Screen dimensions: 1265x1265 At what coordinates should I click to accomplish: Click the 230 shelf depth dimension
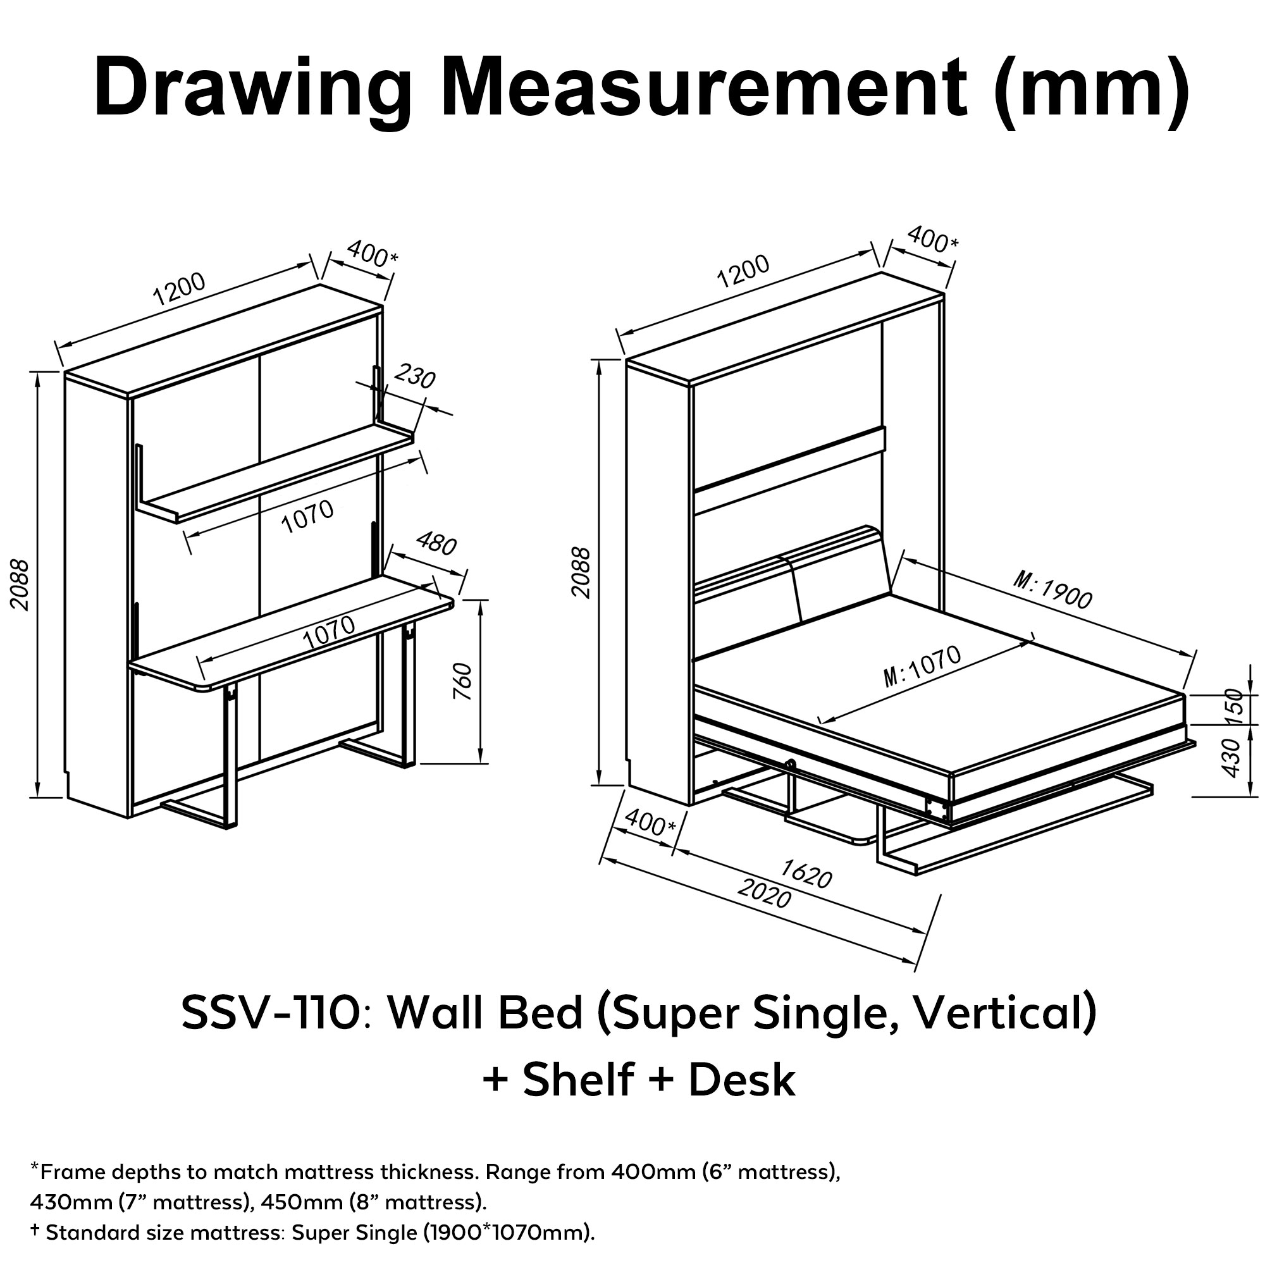coord(415,378)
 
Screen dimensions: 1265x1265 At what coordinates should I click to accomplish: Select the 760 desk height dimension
coord(463,682)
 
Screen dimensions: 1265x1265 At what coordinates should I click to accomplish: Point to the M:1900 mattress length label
coord(1052,589)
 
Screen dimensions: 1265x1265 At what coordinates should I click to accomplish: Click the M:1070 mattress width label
coord(923,667)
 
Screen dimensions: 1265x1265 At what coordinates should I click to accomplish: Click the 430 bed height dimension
coord(1231,758)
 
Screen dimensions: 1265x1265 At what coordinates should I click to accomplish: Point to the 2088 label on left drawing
coord(20,584)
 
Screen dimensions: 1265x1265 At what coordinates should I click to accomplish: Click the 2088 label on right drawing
coord(581,573)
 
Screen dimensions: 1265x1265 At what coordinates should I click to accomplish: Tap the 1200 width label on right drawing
coord(743,271)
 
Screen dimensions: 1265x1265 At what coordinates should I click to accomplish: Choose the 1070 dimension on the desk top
coord(331,633)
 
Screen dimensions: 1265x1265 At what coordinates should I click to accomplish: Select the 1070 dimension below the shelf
coord(308,517)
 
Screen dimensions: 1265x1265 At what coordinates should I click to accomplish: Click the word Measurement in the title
coord(704,87)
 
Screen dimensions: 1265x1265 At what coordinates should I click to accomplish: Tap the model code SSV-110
coord(271,1012)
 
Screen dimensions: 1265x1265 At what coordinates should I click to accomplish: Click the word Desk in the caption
coord(741,1080)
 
